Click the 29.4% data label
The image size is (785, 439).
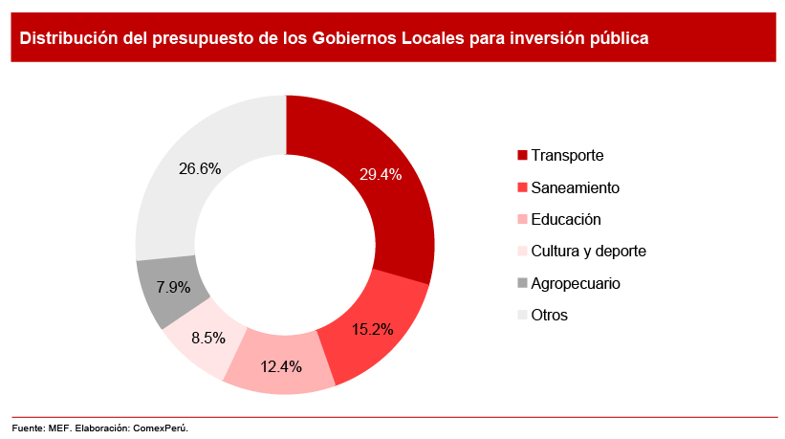pos(381,174)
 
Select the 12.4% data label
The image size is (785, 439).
pos(280,365)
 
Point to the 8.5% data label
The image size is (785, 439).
pos(208,337)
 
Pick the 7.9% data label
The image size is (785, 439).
pos(173,287)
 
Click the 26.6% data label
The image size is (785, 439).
pos(200,168)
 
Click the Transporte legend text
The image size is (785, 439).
pos(567,155)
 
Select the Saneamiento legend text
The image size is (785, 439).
pos(575,187)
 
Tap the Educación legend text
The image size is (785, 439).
pos(565,219)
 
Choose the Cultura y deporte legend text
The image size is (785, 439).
pos(588,251)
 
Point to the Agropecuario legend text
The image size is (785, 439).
pos(576,283)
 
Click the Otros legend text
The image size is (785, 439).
pos(549,315)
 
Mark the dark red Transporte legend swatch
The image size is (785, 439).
pos(521,155)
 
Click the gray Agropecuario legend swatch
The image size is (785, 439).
pos(521,283)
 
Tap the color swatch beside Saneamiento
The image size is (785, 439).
pos(521,187)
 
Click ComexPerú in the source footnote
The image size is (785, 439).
pos(162,428)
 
